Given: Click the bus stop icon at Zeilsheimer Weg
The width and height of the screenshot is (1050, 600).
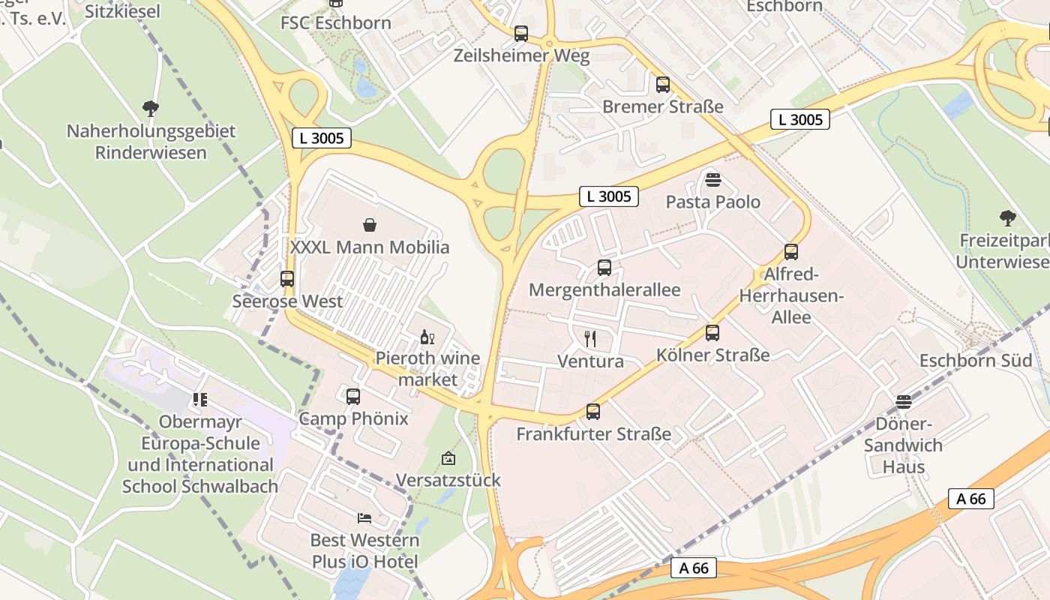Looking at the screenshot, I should coord(520,34).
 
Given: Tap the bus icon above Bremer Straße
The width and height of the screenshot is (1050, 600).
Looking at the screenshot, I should coord(662,85).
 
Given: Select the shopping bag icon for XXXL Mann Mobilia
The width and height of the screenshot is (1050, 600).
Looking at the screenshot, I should coord(370,225).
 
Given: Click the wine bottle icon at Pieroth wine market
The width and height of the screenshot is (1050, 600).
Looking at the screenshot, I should coord(427,337).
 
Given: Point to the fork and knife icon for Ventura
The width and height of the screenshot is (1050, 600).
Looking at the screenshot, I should coord(590,339).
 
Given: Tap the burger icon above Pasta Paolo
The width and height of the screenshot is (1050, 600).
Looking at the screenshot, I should coord(712,179).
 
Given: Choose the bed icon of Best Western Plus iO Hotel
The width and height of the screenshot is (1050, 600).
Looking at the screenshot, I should coord(364,517).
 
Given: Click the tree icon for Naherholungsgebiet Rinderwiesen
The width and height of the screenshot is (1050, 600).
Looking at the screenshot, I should coord(151,109).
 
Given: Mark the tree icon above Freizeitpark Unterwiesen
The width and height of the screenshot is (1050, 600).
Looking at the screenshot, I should coord(1008,218).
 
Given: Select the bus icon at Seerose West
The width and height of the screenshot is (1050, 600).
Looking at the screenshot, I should coord(287,279).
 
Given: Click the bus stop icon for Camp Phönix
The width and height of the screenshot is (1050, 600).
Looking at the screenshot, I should coord(353,396).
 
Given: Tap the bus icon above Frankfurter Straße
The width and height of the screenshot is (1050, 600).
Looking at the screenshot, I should coord(593,411).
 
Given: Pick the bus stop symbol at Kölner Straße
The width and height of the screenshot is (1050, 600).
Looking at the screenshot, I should coord(712,333).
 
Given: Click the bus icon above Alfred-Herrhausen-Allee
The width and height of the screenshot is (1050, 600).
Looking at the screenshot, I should coord(791,252).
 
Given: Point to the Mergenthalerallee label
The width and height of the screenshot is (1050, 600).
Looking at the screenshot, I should coord(604,290).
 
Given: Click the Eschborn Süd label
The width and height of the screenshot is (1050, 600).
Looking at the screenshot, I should coord(976,361).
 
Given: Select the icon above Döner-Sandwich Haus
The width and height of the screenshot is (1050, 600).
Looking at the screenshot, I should coord(904,401).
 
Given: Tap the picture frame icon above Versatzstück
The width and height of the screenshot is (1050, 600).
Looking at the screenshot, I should coord(448,458).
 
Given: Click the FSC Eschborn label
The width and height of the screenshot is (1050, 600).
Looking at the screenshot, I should coord(336,23).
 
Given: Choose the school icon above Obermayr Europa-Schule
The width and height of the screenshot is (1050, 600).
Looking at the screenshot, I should coord(199,400).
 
